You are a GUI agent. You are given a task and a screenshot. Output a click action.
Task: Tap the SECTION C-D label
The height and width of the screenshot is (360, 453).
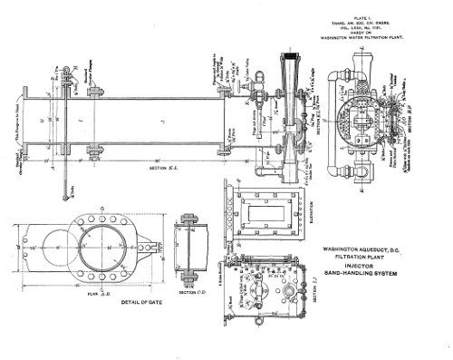click(191, 292)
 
